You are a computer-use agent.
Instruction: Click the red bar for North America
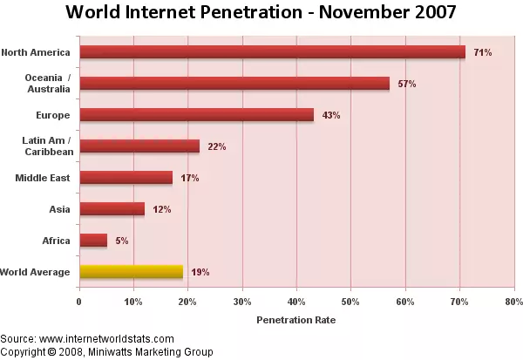click(272, 52)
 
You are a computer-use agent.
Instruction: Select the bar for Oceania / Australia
click(234, 84)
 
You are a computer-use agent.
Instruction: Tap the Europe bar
click(196, 115)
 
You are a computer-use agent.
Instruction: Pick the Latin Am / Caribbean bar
click(139, 146)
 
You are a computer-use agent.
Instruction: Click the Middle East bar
click(126, 178)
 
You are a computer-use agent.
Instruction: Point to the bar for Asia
click(112, 209)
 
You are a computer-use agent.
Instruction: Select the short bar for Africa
click(93, 241)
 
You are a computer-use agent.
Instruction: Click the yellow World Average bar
click(131, 272)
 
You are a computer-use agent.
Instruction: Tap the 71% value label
click(482, 52)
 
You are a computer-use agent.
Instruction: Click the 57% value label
click(406, 84)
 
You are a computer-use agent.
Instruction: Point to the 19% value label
click(200, 272)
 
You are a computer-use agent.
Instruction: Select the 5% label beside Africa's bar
click(121, 241)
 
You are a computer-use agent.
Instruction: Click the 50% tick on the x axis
click(350, 302)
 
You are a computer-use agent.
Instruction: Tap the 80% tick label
click(513, 302)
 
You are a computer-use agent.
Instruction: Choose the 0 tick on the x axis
click(79, 302)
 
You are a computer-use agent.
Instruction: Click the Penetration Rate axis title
click(295, 320)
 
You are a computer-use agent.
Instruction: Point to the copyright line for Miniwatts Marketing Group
click(106, 351)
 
